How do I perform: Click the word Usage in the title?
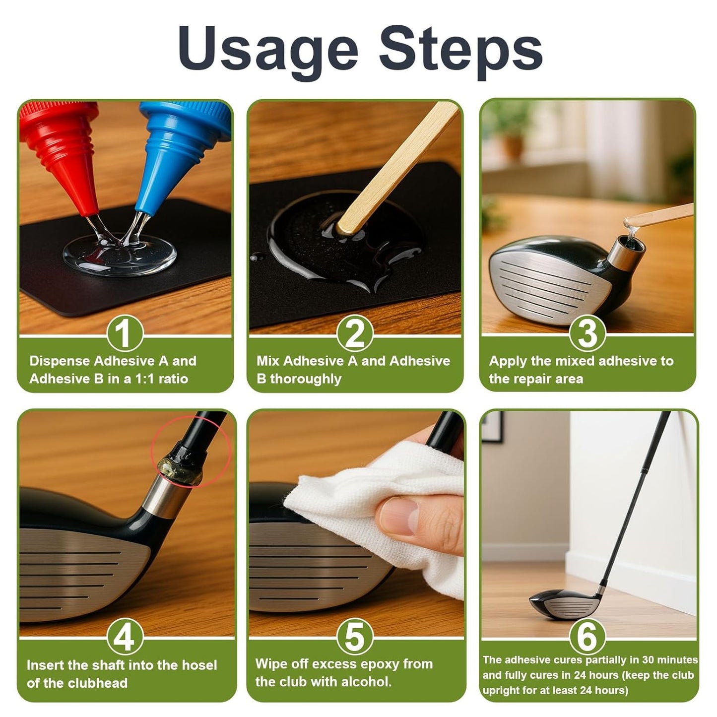pos(268,50)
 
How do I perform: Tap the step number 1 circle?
pos(125,333)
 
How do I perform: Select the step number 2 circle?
pos(354,333)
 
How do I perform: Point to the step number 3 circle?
pos(587,333)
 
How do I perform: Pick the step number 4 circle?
pos(125,637)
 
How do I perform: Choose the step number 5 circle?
pos(354,637)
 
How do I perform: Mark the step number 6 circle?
pos(587,637)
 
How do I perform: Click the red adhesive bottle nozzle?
pos(69,164)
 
